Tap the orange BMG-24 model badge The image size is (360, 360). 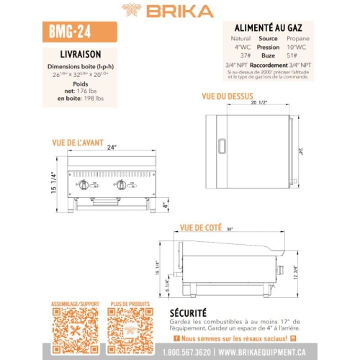tap(73, 32)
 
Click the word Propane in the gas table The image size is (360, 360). tap(298, 37)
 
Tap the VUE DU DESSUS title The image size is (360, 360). tap(228, 96)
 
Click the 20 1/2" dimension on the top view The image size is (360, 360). tap(260, 103)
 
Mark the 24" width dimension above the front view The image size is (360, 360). tap(112, 148)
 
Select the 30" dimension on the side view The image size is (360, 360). tap(230, 230)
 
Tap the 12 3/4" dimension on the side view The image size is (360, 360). tap(294, 271)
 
